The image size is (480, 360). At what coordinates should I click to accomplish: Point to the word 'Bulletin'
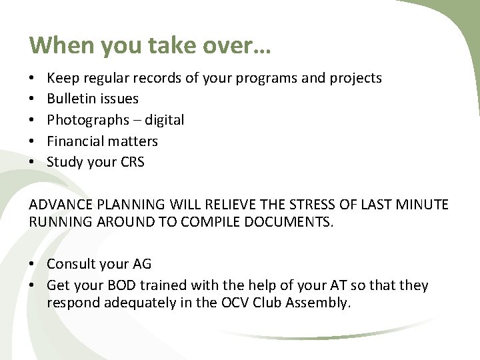coord(71,99)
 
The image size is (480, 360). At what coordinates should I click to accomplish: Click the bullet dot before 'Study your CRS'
coord(34,162)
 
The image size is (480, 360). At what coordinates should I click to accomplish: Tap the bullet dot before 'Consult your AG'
coord(34,265)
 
